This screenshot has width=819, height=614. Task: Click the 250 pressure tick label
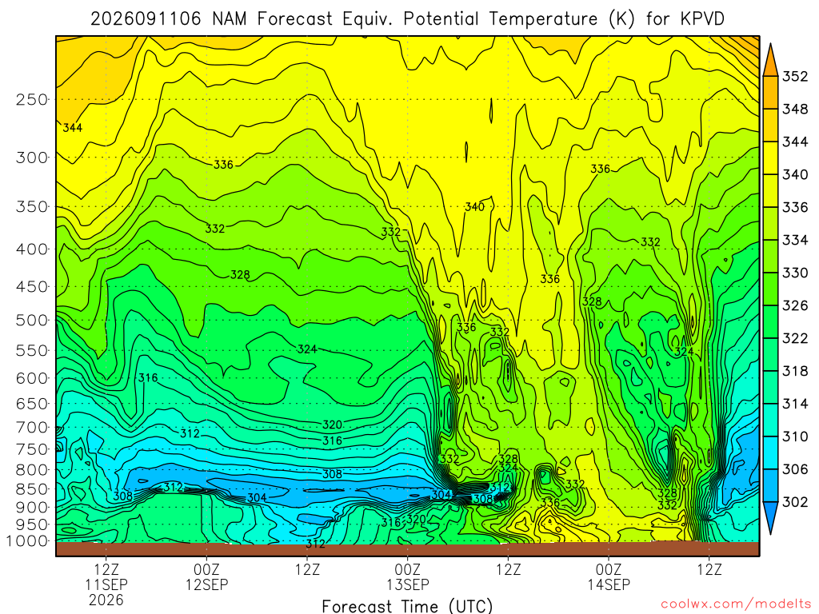tap(32, 99)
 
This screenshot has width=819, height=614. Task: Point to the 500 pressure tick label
tap(32, 320)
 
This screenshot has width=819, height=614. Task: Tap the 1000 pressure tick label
tap(27, 541)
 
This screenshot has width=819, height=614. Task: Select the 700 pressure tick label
tap(32, 427)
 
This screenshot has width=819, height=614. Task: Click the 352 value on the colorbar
tap(795, 77)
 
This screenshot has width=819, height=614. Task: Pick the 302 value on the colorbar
tap(795, 502)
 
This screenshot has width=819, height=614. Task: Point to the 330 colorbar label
tap(795, 273)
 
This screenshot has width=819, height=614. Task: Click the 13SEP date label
tap(407, 584)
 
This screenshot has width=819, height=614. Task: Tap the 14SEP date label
tap(609, 584)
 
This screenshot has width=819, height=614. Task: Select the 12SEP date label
tap(207, 584)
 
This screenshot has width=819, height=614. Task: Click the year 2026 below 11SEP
tap(106, 600)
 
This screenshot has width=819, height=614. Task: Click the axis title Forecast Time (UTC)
tap(407, 606)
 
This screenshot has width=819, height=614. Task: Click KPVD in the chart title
tap(702, 19)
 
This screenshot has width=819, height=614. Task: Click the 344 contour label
tap(73, 127)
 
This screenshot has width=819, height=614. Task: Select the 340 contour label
tap(475, 207)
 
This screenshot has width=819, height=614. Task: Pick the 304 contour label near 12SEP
tap(257, 497)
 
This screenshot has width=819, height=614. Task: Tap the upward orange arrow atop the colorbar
tap(770, 59)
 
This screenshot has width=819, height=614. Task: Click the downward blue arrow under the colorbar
tap(770, 518)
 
